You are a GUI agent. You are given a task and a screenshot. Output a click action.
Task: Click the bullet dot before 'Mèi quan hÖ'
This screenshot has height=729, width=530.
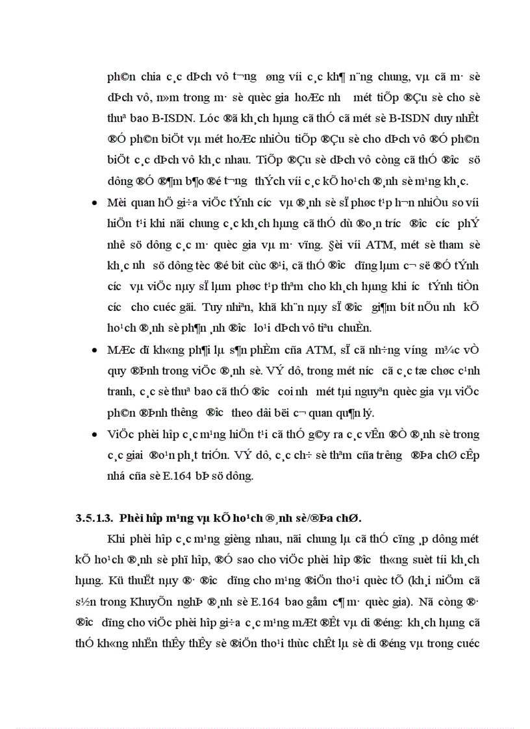click(x=95, y=202)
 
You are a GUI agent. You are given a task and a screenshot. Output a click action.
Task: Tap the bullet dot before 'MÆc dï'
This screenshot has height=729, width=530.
click(x=95, y=351)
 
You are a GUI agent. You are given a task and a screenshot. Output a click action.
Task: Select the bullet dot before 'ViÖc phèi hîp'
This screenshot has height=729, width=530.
click(x=95, y=434)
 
